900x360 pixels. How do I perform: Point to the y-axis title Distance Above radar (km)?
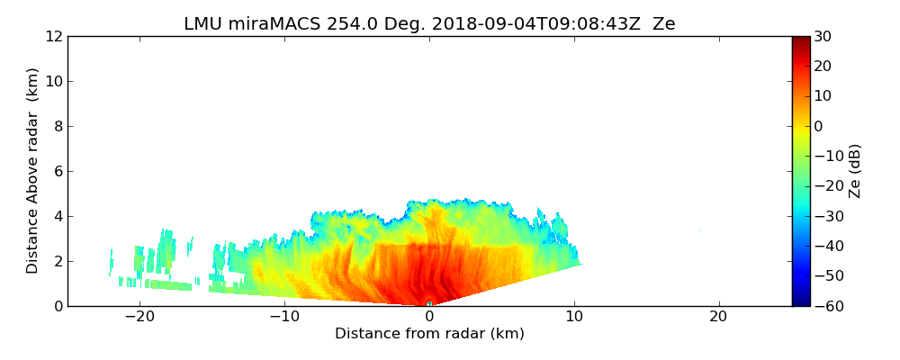(x=33, y=171)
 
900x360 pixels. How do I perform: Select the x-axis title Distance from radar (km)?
(x=429, y=334)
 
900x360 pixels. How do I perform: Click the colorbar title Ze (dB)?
(x=855, y=171)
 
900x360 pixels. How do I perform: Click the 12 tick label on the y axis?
(x=53, y=37)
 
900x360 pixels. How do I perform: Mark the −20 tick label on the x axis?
(x=139, y=318)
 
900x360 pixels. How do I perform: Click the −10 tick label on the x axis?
(x=284, y=318)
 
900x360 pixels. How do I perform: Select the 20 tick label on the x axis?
(x=718, y=318)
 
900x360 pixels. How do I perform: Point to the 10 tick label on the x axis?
(x=574, y=318)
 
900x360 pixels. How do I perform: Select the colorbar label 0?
(x=820, y=127)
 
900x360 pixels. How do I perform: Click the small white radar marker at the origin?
(x=429, y=304)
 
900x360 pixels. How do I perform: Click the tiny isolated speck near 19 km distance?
(x=700, y=231)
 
